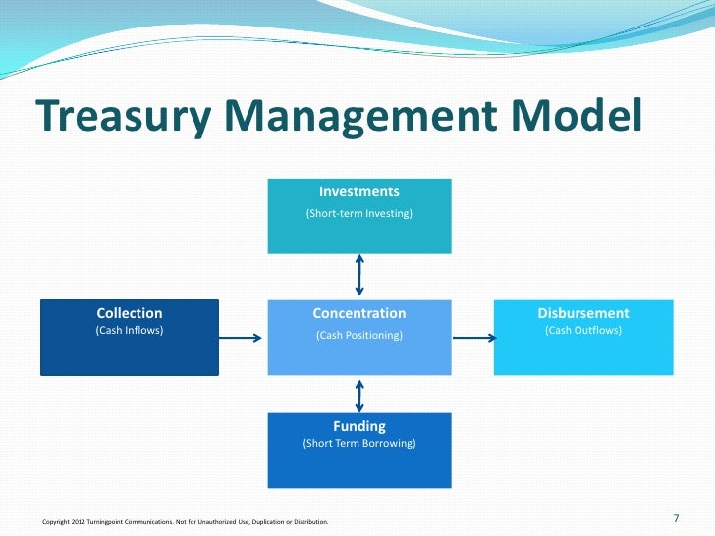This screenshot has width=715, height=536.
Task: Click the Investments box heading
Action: coord(359,191)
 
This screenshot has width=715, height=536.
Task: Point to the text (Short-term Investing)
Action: coord(359,213)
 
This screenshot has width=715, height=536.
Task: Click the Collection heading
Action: coord(129,313)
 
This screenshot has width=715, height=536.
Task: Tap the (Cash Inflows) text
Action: coord(129,331)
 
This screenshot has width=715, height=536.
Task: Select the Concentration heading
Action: coord(359,313)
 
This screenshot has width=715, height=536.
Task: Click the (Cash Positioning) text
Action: coord(359,336)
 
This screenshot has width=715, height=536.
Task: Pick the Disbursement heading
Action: coord(583,313)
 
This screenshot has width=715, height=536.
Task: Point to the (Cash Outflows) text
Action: coord(583,331)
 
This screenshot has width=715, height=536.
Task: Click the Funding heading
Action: coord(359,426)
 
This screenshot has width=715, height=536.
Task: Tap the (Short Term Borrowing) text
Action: coord(359,444)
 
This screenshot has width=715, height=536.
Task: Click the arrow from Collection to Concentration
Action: coord(242,338)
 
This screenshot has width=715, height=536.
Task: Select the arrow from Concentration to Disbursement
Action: coord(472,338)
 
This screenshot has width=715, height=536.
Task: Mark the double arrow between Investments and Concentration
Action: coord(360,276)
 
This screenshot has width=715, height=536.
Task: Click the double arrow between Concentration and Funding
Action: coord(360,395)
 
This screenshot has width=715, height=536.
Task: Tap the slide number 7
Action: coord(676,518)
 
